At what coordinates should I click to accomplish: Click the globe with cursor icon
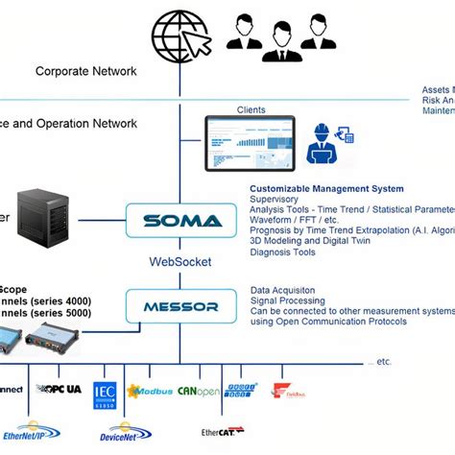pos(181,31)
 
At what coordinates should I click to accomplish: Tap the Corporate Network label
pos(86,71)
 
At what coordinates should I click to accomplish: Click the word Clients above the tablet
pos(251,108)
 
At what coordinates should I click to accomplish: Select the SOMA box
pos(181,220)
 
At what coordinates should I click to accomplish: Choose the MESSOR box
pos(181,307)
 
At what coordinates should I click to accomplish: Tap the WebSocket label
pos(180,261)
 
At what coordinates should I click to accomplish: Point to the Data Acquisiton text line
pos(286,289)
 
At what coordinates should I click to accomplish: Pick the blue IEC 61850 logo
pos(105,395)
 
